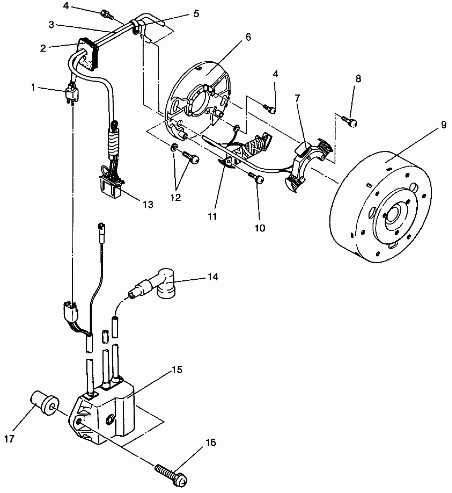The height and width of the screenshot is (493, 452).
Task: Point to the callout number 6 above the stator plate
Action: tap(248, 37)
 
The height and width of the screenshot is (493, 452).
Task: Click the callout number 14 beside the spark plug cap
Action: tap(213, 277)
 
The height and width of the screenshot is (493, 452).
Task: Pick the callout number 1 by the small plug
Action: tap(33, 88)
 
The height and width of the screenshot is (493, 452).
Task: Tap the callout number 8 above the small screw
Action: tap(358, 79)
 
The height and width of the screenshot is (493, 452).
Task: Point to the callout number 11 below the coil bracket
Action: tap(212, 217)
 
